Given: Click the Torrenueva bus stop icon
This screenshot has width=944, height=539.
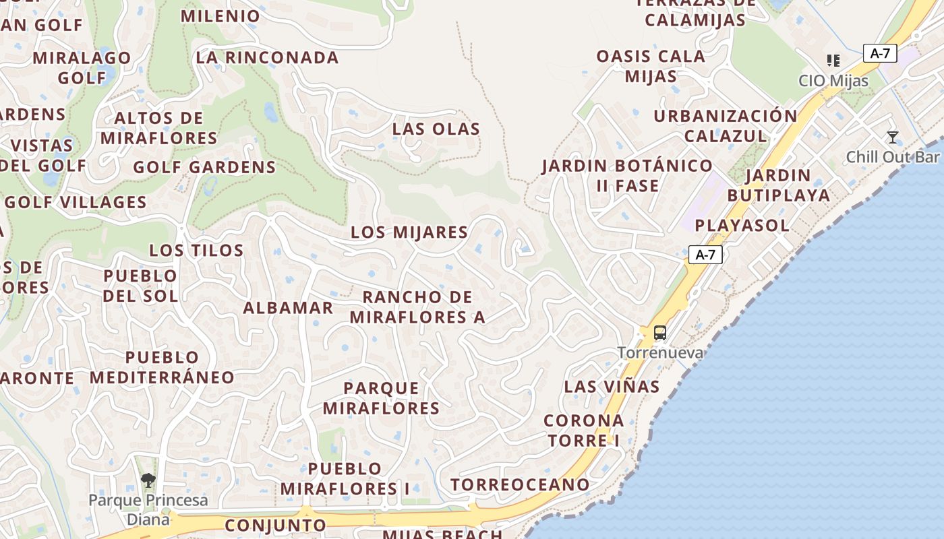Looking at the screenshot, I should [659, 333].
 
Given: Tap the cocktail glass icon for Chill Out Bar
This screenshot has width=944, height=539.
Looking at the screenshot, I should [893, 137].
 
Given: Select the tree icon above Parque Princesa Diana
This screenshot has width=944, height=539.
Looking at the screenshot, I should [148, 480].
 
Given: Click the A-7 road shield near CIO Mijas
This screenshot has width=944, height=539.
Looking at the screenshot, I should [880, 53].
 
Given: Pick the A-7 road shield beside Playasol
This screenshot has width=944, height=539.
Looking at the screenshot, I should [705, 254].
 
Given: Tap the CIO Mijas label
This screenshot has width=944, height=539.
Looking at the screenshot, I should [833, 81].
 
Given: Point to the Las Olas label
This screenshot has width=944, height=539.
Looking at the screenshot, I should [436, 129].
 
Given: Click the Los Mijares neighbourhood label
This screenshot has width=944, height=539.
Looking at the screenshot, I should [409, 232].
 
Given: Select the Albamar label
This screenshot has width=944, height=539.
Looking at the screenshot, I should [288, 308].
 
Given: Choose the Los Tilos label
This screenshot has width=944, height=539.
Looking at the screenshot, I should [196, 251].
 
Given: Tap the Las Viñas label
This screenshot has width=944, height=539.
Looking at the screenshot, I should [612, 387].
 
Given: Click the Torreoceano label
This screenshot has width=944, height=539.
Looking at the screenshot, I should [520, 484].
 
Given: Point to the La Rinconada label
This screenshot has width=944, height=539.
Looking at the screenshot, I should [267, 58].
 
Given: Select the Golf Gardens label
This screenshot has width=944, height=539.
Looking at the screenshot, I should [204, 167].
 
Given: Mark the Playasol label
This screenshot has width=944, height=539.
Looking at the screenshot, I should [742, 226].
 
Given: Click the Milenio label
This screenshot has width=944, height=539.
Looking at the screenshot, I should [220, 16].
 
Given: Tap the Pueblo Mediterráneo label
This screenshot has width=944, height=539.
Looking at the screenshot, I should [162, 367].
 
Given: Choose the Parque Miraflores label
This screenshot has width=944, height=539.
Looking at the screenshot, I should [381, 398].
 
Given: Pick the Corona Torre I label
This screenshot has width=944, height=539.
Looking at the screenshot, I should [584, 431].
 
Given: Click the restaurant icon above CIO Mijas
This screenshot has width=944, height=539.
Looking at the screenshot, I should [833, 61].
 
